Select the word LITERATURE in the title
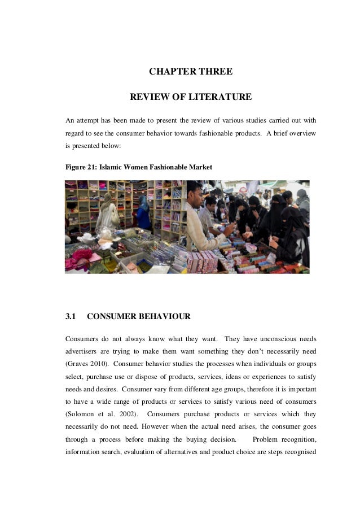(218, 97)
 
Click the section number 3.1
(71, 317)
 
